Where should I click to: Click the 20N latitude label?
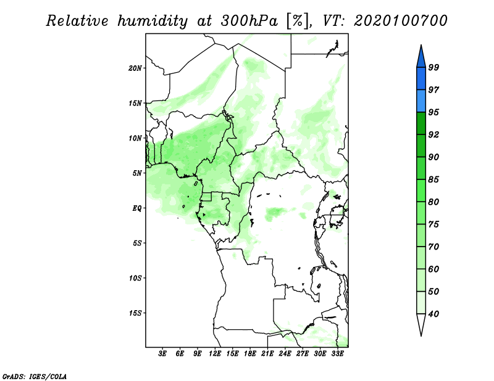pyautogui.click(x=135, y=68)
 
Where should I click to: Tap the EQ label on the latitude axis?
pyautogui.click(x=137, y=208)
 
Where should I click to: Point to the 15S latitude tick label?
pyautogui.click(x=135, y=313)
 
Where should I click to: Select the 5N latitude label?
pyautogui.click(x=137, y=173)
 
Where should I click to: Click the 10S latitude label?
pyautogui.click(x=135, y=278)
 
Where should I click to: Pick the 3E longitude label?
pyautogui.click(x=162, y=354)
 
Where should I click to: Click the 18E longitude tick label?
pyautogui.click(x=250, y=354)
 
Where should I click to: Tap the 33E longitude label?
pyautogui.click(x=337, y=354)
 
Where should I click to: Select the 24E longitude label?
pyautogui.click(x=285, y=354)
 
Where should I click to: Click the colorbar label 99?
pyautogui.click(x=433, y=67)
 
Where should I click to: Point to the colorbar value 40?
pyautogui.click(x=433, y=314)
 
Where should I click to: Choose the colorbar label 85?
pyautogui.click(x=433, y=179)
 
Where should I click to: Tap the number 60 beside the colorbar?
pyautogui.click(x=433, y=269)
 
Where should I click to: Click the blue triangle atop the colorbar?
pyautogui.click(x=421, y=57)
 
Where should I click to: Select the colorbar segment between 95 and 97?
pyautogui.click(x=421, y=101)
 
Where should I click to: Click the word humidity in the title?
pyautogui.click(x=153, y=22)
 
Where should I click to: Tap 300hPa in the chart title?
pyautogui.click(x=249, y=21)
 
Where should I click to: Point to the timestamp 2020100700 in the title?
pyautogui.click(x=400, y=21)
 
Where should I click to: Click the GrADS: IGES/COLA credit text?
pyautogui.click(x=35, y=377)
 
